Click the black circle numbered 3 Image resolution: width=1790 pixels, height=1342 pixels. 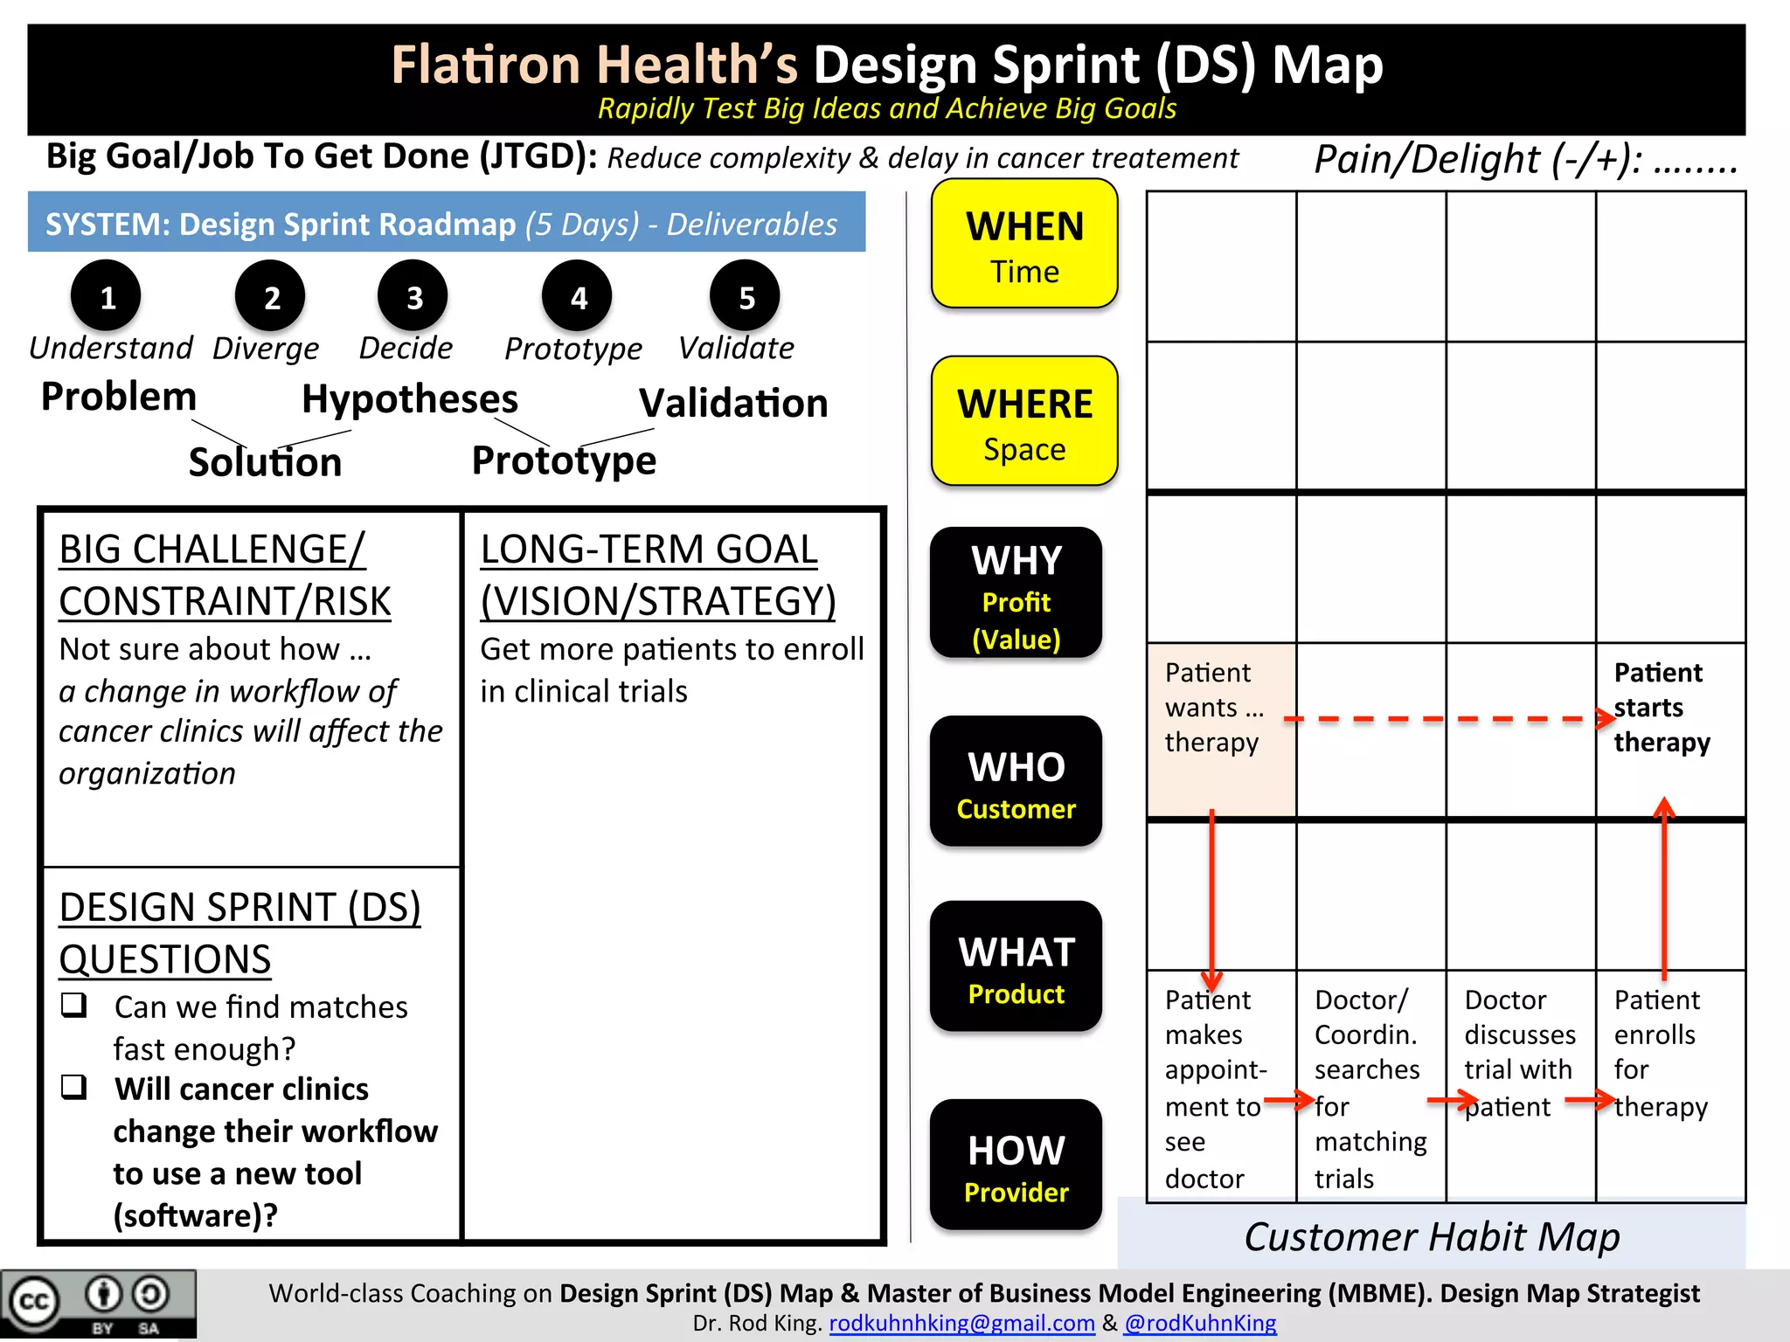tap(413, 296)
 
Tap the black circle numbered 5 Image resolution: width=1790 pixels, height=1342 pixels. tap(745, 296)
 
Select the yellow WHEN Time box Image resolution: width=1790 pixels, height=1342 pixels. tap(1024, 244)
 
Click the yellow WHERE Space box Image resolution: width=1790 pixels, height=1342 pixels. tap(1024, 421)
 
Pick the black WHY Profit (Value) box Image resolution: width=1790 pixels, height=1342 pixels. tap(1016, 593)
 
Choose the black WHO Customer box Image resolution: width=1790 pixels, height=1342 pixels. tap(1016, 781)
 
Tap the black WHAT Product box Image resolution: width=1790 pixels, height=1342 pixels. tap(1016, 966)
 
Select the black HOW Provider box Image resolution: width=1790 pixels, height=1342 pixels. tap(1016, 1165)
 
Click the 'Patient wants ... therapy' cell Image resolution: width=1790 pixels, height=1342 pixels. tap(1220, 730)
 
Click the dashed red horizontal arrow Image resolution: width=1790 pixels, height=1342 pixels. tap(1442, 719)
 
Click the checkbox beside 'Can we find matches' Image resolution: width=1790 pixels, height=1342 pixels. tap(74, 1005)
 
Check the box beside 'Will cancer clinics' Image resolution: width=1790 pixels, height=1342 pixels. tap(74, 1087)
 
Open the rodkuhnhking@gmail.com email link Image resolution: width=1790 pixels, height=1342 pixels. tap(961, 1323)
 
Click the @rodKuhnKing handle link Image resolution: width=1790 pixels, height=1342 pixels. tap(1200, 1323)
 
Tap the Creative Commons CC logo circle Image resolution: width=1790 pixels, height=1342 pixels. tap(35, 1302)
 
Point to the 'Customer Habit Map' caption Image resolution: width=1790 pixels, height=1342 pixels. tap(1432, 1237)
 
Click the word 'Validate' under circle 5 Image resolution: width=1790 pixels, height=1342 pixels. tap(736, 348)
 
